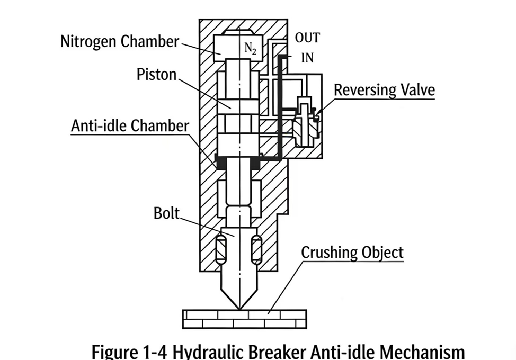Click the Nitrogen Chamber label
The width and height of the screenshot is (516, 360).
coord(120,41)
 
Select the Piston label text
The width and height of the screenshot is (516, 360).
coord(156,74)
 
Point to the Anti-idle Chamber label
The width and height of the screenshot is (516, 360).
coord(130,126)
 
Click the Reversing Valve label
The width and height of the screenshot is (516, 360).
coord(384,89)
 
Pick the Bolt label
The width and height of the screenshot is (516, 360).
coord(166,213)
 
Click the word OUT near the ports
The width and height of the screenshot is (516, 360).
coord(307,39)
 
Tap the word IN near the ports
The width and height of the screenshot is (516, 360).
coord(307,58)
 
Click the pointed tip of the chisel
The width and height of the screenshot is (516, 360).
coord(239,307)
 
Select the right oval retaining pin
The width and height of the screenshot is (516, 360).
coord(257,249)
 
